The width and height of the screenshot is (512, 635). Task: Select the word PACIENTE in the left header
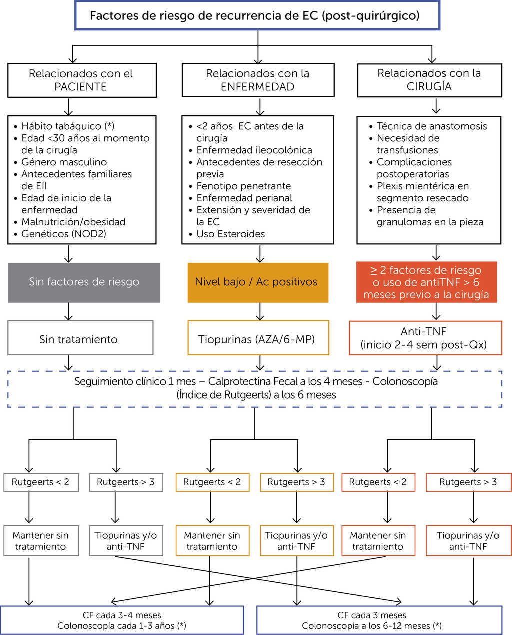click(80, 87)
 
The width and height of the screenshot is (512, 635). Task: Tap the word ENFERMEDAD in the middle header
click(257, 87)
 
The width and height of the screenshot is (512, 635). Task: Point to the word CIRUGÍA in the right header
click(429, 86)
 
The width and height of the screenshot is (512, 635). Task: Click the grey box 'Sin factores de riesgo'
click(84, 282)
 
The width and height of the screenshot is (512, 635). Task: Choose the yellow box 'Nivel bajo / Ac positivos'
click(258, 282)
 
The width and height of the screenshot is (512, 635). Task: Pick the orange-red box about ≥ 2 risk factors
click(426, 282)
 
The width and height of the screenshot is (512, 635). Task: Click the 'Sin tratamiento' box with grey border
click(80, 339)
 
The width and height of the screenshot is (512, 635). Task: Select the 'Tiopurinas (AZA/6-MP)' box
click(258, 339)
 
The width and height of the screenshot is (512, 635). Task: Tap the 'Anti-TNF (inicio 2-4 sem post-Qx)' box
click(425, 338)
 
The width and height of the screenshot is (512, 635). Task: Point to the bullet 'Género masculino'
click(64, 162)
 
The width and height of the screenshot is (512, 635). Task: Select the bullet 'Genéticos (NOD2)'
click(64, 234)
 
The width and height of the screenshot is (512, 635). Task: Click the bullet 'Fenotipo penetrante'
click(243, 186)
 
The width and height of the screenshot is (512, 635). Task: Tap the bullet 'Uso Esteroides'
click(230, 234)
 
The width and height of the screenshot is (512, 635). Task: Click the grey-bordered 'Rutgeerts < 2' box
click(41, 482)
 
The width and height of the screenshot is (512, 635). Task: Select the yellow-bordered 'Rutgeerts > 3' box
click(296, 482)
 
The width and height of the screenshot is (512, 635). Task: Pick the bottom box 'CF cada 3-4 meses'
click(122, 620)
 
